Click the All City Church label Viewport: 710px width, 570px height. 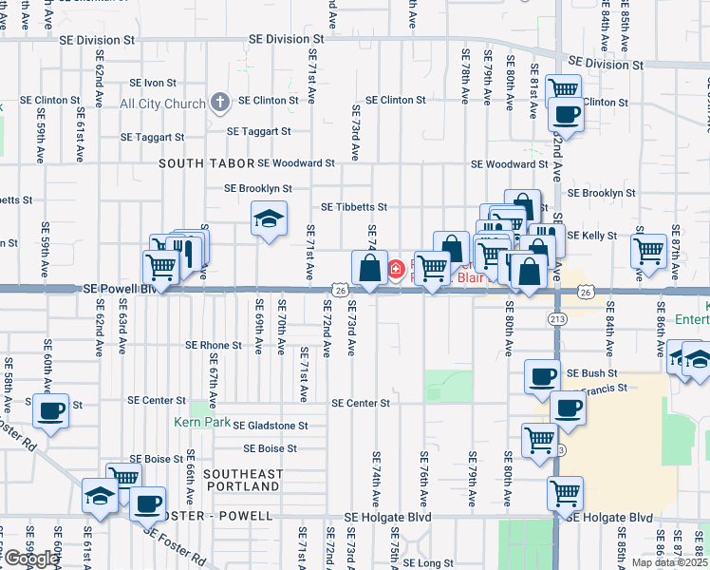click(162, 104)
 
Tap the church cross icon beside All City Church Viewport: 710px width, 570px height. click(220, 101)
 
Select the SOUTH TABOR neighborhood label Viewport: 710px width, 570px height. click(207, 163)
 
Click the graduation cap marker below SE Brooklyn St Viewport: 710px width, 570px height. click(270, 219)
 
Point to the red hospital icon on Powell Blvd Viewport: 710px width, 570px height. click(396, 270)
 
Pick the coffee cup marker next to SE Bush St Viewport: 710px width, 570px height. click(542, 376)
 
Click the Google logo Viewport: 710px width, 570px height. click(30, 559)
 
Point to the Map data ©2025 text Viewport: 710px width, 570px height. click(669, 562)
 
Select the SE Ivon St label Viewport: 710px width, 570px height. click(153, 83)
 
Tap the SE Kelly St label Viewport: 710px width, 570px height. click(592, 235)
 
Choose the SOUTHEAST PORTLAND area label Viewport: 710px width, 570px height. click(243, 480)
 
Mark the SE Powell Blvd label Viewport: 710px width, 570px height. click(119, 288)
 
